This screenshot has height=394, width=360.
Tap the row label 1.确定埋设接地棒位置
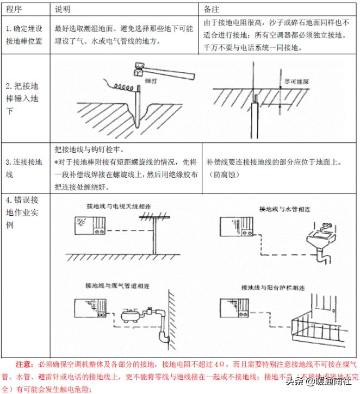24,34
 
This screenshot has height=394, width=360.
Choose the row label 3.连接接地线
22,168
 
